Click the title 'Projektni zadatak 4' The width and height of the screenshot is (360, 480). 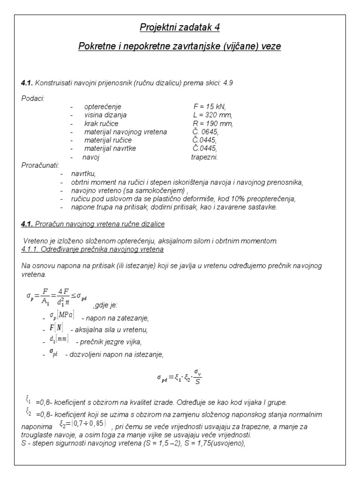[180, 28]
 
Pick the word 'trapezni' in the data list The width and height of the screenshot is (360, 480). [204, 157]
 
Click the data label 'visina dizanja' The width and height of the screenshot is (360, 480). [105, 115]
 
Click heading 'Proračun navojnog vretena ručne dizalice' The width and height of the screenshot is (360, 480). [101, 224]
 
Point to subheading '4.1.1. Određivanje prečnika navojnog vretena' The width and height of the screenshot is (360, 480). [92, 249]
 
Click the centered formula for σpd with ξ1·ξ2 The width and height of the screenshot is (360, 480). [180, 379]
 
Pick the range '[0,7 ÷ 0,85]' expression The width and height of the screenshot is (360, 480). [82, 424]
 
